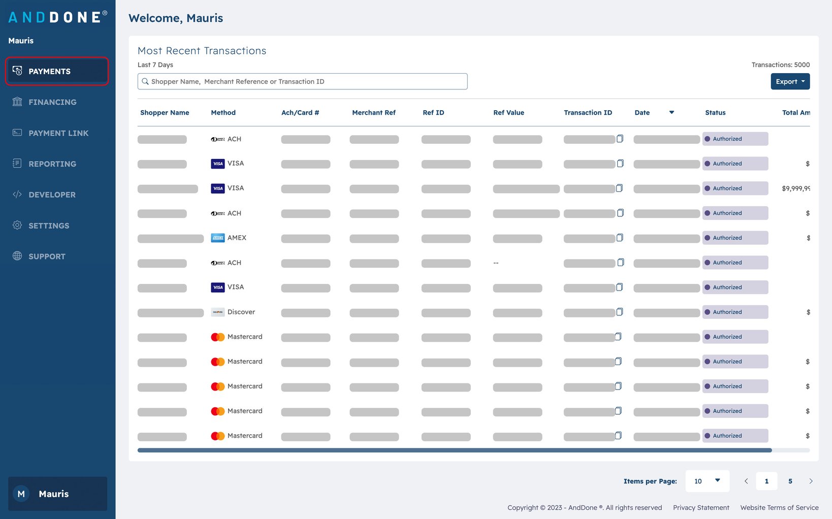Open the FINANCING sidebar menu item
pos(52,102)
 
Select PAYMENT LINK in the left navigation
pos(58,133)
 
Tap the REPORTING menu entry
pos(52,164)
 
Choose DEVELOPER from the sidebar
pos(52,194)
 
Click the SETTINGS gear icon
pos(17,225)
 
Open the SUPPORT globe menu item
pos(17,256)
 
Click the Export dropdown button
pos(790,81)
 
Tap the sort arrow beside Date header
pos(671,112)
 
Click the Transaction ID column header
pos(588,113)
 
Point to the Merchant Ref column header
pos(373,113)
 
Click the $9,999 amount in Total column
pos(795,188)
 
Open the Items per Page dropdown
pos(707,481)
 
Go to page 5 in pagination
pos(790,481)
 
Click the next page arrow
pos(811,481)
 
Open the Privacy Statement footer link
pos(701,507)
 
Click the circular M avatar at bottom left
pos(21,494)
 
